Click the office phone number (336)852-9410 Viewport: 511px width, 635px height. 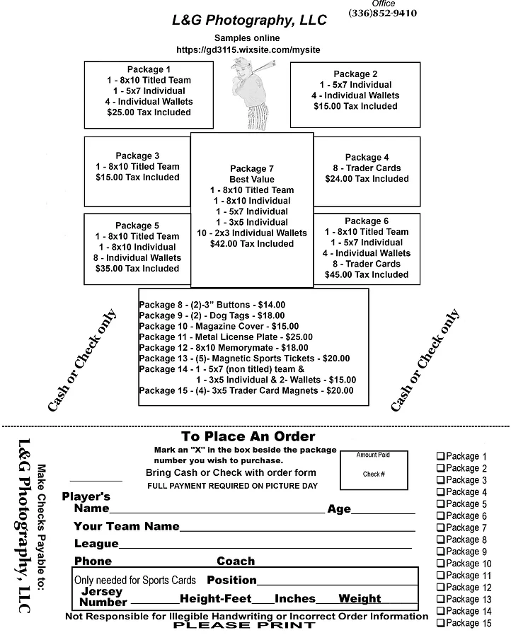382,13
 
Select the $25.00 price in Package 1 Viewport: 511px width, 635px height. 149,112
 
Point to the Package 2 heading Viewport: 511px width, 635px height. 355,74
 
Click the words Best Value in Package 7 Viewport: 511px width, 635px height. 251,180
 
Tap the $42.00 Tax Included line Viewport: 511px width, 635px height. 251,244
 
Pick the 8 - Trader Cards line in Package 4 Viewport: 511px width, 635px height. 367,168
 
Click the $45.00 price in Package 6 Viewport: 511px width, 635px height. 366,274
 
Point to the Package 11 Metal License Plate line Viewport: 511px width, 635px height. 225,337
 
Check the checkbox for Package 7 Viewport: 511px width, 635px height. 440,528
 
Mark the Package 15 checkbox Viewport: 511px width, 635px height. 440,624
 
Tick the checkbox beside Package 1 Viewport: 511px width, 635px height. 440,457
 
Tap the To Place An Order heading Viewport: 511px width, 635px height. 248,437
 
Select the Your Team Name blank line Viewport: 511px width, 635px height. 297,528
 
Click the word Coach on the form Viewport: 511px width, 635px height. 236,561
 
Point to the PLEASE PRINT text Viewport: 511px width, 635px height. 222,626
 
